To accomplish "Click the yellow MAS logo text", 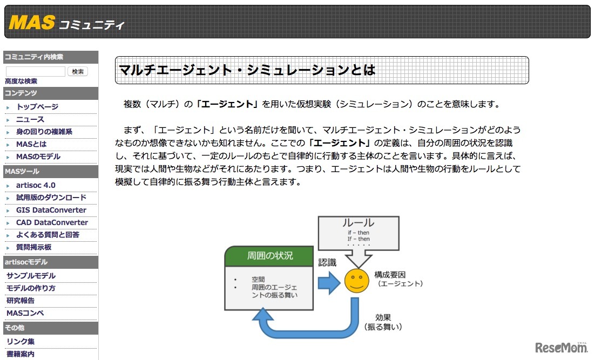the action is click(32, 22).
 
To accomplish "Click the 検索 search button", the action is click(78, 71).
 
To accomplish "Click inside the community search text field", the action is click(35, 71).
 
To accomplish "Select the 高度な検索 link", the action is click(21, 81).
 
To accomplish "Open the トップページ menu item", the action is click(37, 106).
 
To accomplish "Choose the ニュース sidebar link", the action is click(30, 119).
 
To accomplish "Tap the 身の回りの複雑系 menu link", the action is click(44, 132).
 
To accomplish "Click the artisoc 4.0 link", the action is click(36, 185).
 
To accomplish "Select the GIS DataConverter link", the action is click(51, 210).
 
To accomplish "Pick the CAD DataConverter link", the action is click(52, 222).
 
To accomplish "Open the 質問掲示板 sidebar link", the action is click(34, 247).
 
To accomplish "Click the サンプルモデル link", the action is click(31, 275).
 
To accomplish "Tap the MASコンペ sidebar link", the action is click(25, 313).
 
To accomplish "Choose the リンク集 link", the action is click(21, 342).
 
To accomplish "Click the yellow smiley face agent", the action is click(357, 281).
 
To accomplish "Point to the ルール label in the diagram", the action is click(358, 223).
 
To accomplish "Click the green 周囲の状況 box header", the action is click(269, 256).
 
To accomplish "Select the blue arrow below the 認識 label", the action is click(329, 282).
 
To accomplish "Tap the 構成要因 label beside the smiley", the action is click(390, 275).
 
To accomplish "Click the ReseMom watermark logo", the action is click(562, 347).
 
